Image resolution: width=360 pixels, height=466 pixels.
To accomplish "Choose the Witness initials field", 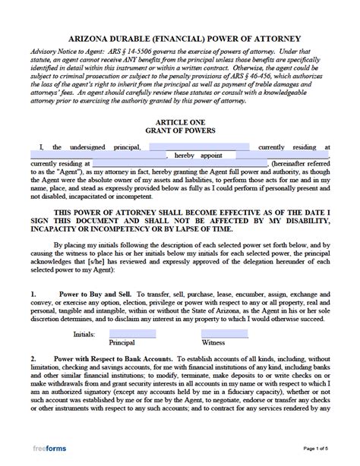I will [x=224, y=332].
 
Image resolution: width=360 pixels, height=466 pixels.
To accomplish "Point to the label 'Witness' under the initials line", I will [x=224, y=343].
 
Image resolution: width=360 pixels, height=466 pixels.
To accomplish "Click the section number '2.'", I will [x=34, y=358].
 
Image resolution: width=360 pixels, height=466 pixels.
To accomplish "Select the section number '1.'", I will [x=34, y=292].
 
